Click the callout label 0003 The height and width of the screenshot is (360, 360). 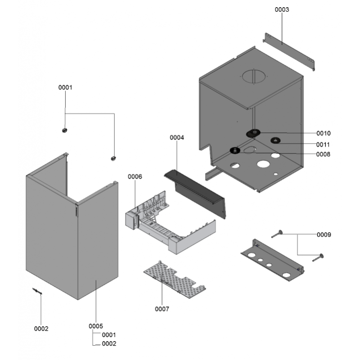coord(282,9)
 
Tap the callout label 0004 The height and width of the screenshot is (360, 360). coord(177,138)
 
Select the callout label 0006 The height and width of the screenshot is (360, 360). coord(135,177)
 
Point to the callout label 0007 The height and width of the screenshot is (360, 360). coord(162,309)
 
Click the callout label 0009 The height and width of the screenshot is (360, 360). coord(324,234)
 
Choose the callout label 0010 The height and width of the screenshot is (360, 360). coord(323,133)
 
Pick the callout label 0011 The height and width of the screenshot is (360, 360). coord(323,144)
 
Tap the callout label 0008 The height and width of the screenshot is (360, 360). coord(323,154)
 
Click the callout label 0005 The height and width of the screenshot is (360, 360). coord(96,326)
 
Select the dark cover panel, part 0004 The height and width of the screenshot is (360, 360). coord(198,189)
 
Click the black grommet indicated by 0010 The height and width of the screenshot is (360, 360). coord(254,133)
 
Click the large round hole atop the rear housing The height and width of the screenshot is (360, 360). coord(254,77)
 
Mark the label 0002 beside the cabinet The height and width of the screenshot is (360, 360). coord(41,328)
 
